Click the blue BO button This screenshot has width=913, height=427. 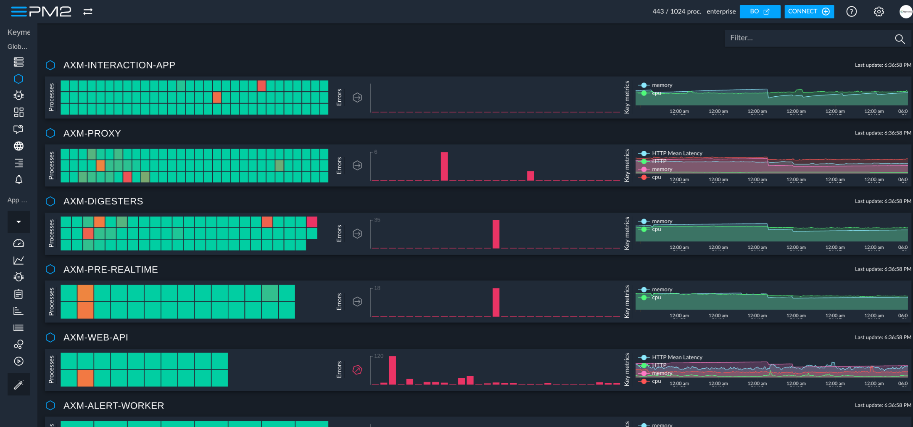760,12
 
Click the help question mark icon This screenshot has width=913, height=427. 851,12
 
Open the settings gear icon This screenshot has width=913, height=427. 879,12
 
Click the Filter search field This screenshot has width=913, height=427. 807,38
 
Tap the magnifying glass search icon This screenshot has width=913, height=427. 900,39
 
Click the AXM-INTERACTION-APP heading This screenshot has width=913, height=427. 119,65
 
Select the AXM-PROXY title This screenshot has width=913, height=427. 92,133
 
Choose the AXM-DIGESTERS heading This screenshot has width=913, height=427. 103,201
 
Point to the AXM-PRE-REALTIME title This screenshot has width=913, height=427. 111,269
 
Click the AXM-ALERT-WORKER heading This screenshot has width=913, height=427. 113,406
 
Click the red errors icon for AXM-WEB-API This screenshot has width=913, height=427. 357,370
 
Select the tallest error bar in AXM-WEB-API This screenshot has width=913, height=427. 393,370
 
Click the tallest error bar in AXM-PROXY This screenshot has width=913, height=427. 444,166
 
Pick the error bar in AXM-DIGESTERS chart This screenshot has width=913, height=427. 496,234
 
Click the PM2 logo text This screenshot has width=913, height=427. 50,12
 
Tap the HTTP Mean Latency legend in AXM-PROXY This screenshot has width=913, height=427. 677,153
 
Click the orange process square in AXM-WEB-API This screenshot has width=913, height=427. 85,378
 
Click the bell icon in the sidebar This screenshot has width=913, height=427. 18,180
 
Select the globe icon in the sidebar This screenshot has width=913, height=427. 18,146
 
